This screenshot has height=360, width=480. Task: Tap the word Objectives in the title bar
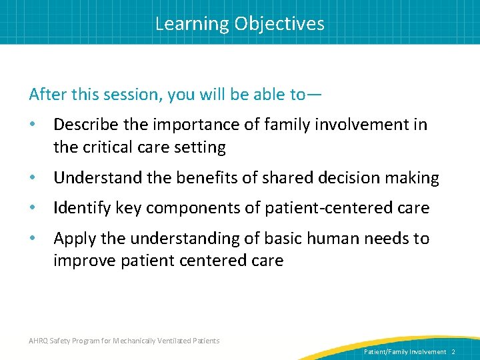279,24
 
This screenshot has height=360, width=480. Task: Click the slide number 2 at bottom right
453,351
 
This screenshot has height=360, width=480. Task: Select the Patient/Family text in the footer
386,351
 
